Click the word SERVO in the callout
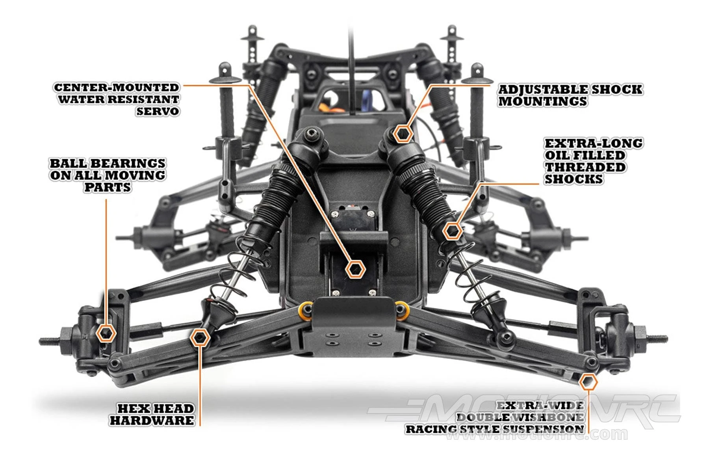(158, 111)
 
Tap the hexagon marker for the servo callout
(355, 270)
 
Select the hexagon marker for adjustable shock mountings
(403, 134)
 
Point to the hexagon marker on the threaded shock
(452, 231)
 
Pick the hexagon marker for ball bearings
(106, 333)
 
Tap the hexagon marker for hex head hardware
(200, 338)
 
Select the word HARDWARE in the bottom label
(152, 421)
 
